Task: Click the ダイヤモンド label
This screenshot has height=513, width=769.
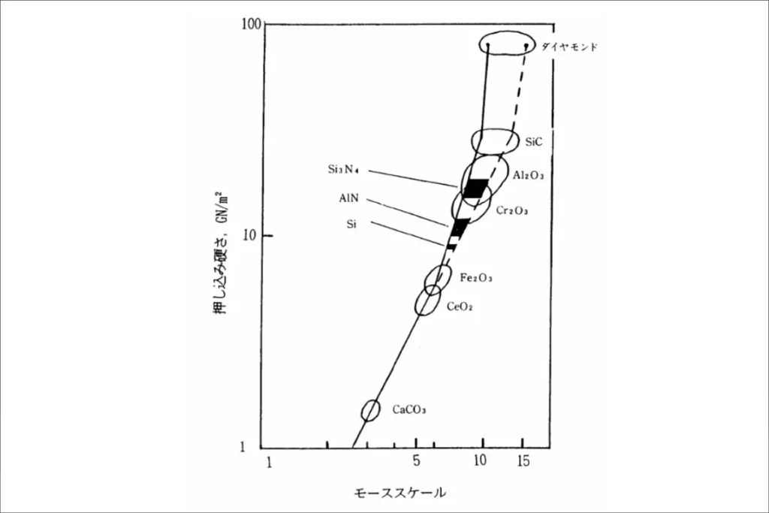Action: point(569,47)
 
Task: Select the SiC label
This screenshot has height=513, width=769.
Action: point(534,142)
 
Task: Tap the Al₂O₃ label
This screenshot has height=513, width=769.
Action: point(528,175)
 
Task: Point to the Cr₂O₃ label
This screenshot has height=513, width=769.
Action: point(512,210)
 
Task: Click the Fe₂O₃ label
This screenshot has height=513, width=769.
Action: point(475,278)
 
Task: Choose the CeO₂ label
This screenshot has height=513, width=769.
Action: point(460,306)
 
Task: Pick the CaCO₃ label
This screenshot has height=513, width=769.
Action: point(409,409)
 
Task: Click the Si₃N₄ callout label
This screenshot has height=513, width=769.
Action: point(343,169)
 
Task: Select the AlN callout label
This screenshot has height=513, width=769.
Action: point(348,198)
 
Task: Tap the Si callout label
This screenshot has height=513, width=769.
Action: point(351,224)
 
